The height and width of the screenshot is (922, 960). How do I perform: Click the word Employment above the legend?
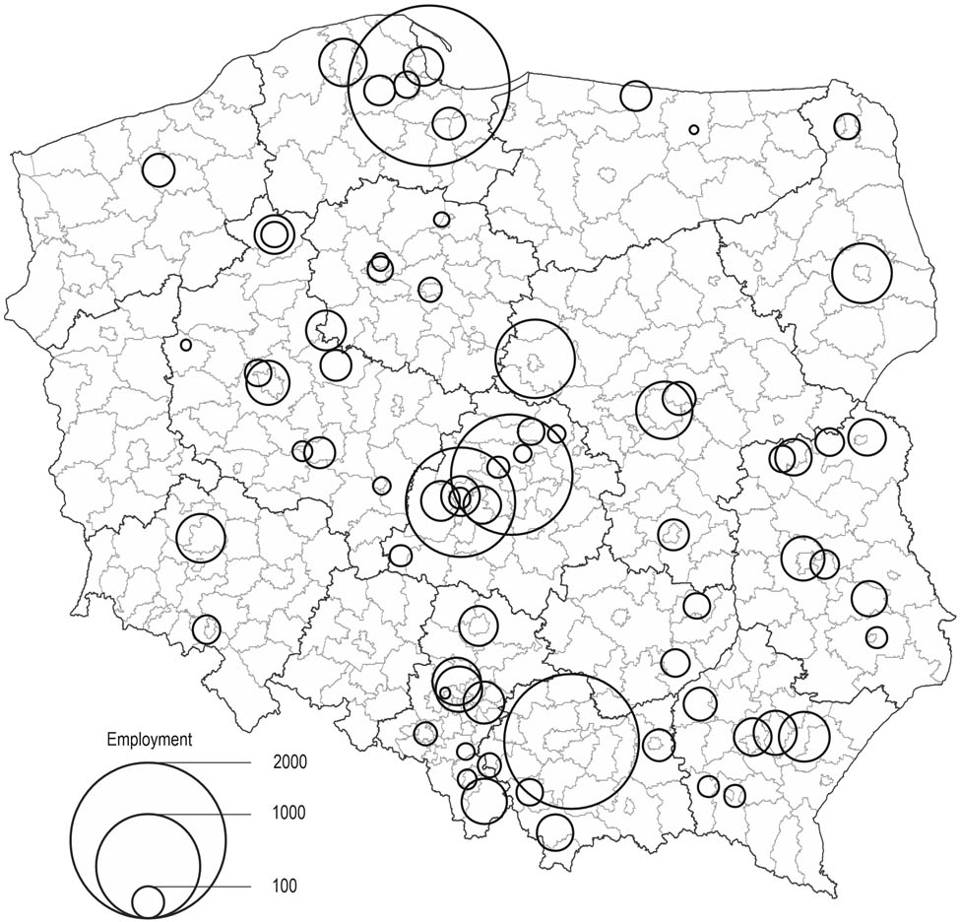click(150, 739)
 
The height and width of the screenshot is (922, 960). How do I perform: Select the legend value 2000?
click(291, 762)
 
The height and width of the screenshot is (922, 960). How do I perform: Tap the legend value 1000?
click(291, 814)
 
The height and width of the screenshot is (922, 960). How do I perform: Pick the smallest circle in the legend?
click(148, 901)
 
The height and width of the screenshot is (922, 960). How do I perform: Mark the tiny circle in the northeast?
click(694, 129)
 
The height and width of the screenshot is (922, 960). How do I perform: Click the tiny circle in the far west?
click(185, 345)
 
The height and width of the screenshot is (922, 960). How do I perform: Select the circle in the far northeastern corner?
click(846, 126)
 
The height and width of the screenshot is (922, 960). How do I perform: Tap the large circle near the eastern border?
click(862, 273)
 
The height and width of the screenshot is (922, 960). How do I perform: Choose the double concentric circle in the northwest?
click(275, 234)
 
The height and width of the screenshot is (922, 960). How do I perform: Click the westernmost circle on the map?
click(158, 170)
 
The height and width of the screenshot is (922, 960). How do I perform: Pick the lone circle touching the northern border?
click(636, 96)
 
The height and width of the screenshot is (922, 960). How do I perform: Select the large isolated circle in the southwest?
click(201, 538)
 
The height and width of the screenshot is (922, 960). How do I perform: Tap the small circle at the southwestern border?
click(207, 628)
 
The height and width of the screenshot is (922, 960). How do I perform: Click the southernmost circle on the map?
click(554, 830)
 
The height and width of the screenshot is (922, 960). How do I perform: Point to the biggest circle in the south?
click(571, 742)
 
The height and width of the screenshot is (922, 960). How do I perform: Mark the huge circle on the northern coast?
click(430, 86)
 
